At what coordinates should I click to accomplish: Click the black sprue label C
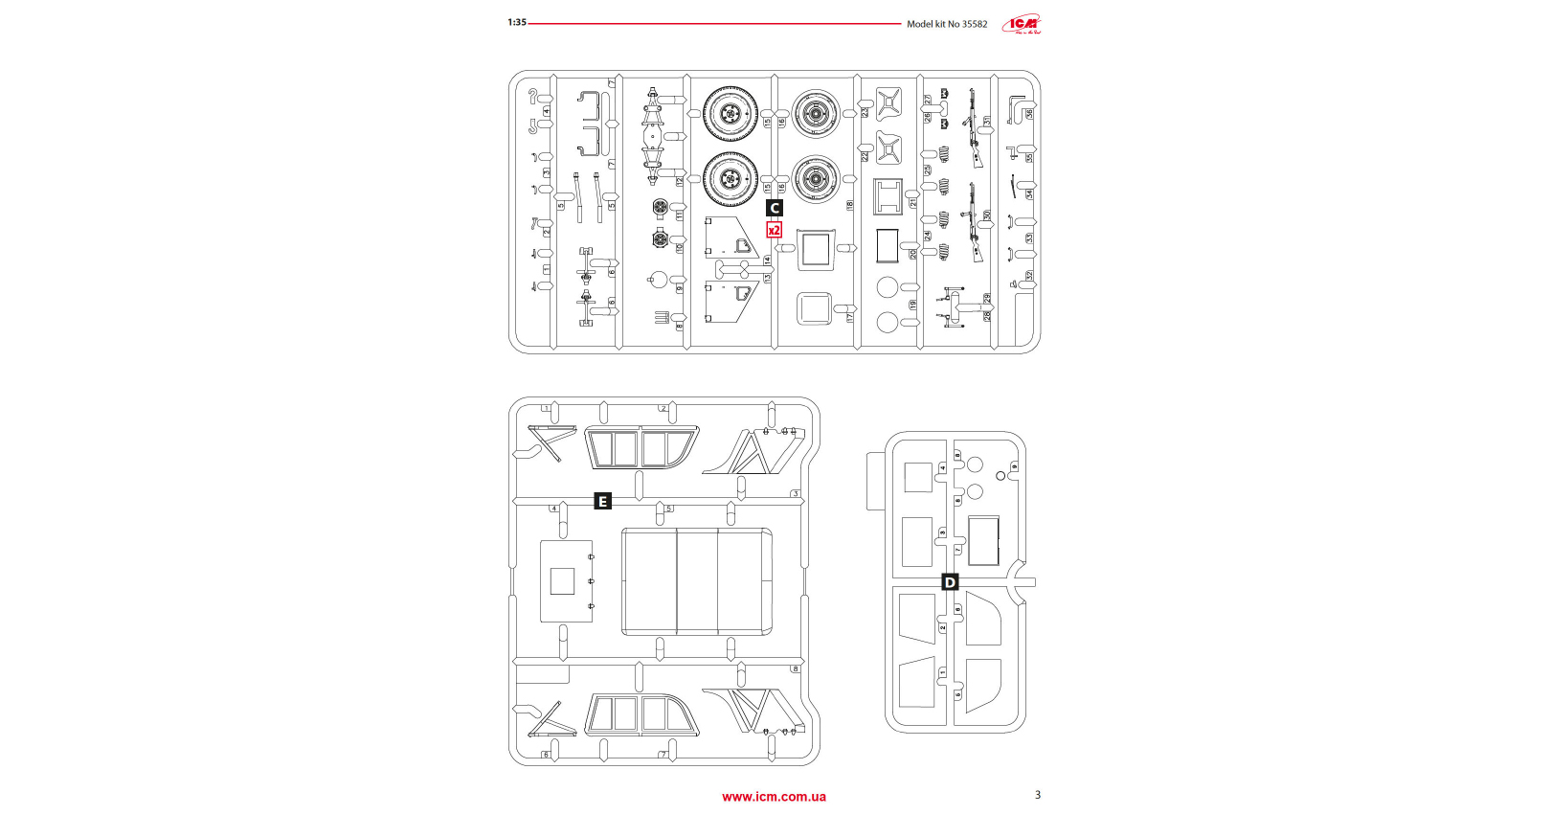pyautogui.click(x=775, y=208)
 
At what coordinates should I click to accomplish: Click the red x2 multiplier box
pyautogui.click(x=775, y=230)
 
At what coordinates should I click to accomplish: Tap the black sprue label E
pyautogui.click(x=602, y=502)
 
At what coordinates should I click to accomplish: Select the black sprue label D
pyautogui.click(x=950, y=582)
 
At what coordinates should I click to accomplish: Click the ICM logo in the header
pyautogui.click(x=1022, y=24)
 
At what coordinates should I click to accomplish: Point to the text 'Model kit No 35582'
pyautogui.click(x=947, y=24)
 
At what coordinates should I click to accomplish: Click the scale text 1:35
pyautogui.click(x=517, y=22)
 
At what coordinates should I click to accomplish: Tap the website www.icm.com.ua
pyautogui.click(x=774, y=797)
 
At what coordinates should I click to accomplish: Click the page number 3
pyautogui.click(x=1038, y=795)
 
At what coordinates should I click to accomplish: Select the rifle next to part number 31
pyautogui.click(x=974, y=127)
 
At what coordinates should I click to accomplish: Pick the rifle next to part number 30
pyautogui.click(x=974, y=222)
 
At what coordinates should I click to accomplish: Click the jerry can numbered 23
pyautogui.click(x=888, y=103)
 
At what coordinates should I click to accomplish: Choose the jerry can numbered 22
pyautogui.click(x=888, y=149)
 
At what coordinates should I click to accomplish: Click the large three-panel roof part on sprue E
pyautogui.click(x=697, y=581)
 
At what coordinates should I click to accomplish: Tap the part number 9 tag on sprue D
pyautogui.click(x=1014, y=466)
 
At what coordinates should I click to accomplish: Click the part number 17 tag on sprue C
pyautogui.click(x=849, y=317)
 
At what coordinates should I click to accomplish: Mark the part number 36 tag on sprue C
pyautogui.click(x=1030, y=114)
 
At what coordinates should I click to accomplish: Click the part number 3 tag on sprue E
pyautogui.click(x=795, y=494)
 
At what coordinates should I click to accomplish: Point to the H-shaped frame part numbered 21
pyautogui.click(x=888, y=196)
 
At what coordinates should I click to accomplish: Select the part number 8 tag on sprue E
pyautogui.click(x=795, y=668)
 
